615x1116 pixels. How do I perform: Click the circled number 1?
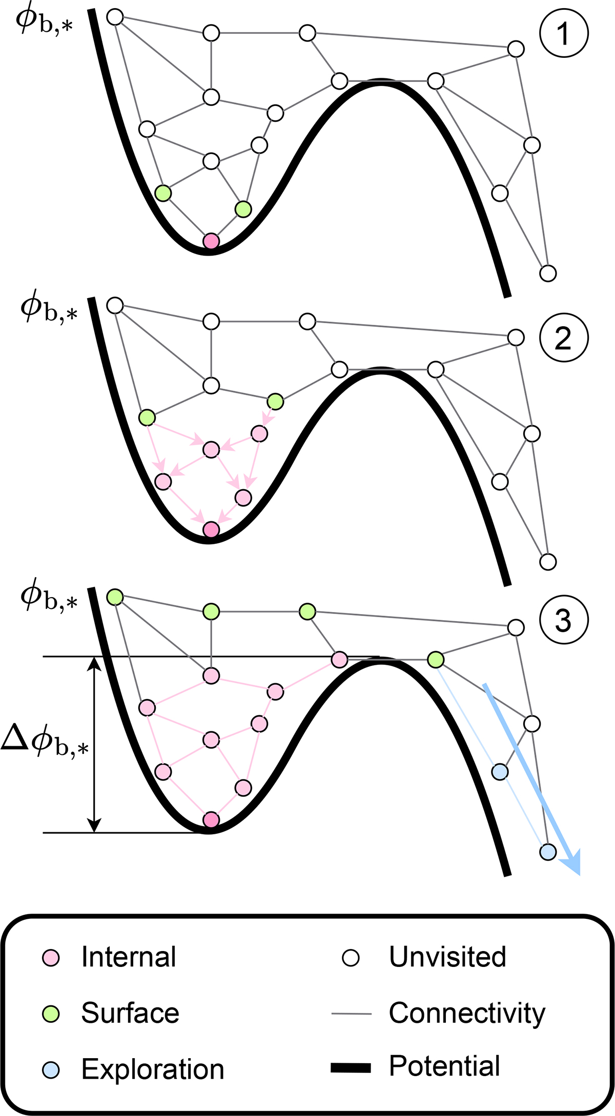click(563, 34)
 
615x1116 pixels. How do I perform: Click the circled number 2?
click(563, 338)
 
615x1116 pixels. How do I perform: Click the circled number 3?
click(563, 621)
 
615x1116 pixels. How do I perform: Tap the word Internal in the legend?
click(129, 957)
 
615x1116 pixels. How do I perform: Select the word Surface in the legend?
click(130, 1013)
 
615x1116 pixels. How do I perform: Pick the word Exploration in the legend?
click(153, 1069)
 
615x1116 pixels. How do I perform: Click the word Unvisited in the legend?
click(447, 956)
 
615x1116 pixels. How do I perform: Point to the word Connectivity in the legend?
click(467, 1013)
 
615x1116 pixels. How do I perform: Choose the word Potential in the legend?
click(444, 1066)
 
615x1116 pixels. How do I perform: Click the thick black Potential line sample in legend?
click(351, 1068)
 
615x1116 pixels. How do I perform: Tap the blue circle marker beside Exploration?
click(51, 1069)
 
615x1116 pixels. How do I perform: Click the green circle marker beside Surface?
click(51, 1014)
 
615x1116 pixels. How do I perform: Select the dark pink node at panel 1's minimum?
click(211, 241)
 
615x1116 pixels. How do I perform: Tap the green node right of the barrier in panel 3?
click(436, 660)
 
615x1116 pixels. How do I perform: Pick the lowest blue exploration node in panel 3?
click(548, 852)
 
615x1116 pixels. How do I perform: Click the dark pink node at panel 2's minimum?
click(211, 530)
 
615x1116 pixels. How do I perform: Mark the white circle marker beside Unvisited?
click(351, 958)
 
